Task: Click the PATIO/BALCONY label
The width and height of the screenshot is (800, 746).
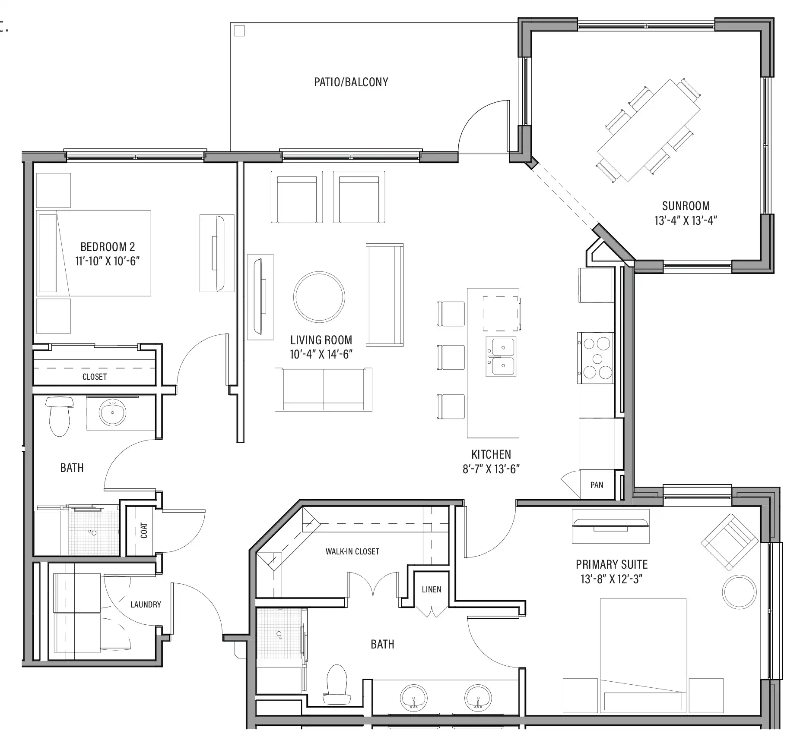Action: (351, 82)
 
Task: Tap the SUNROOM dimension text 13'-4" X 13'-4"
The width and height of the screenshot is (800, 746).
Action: (686, 220)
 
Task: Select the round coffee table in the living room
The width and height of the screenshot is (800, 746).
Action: (319, 296)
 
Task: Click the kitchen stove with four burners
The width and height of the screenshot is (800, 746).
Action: (596, 358)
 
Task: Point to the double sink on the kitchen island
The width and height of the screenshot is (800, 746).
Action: (501, 356)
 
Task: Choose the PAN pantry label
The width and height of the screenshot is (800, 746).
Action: (597, 485)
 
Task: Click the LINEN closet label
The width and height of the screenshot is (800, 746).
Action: (432, 589)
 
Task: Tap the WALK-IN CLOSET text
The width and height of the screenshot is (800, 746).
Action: (352, 551)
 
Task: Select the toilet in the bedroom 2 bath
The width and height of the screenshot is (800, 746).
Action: (60, 416)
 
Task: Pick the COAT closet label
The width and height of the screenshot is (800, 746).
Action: (144, 530)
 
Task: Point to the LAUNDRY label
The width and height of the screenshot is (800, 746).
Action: (146, 604)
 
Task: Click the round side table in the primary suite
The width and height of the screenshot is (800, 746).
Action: (739, 592)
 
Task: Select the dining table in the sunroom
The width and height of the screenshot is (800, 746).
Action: (648, 130)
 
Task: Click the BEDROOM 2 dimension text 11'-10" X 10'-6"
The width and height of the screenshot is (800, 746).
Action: (108, 261)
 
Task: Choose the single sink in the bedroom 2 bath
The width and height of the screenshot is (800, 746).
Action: (113, 412)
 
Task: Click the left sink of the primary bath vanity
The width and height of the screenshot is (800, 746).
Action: (414, 697)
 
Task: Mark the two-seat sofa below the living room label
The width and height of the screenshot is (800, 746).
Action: (324, 390)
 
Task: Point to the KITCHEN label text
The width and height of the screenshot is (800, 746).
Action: (491, 454)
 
